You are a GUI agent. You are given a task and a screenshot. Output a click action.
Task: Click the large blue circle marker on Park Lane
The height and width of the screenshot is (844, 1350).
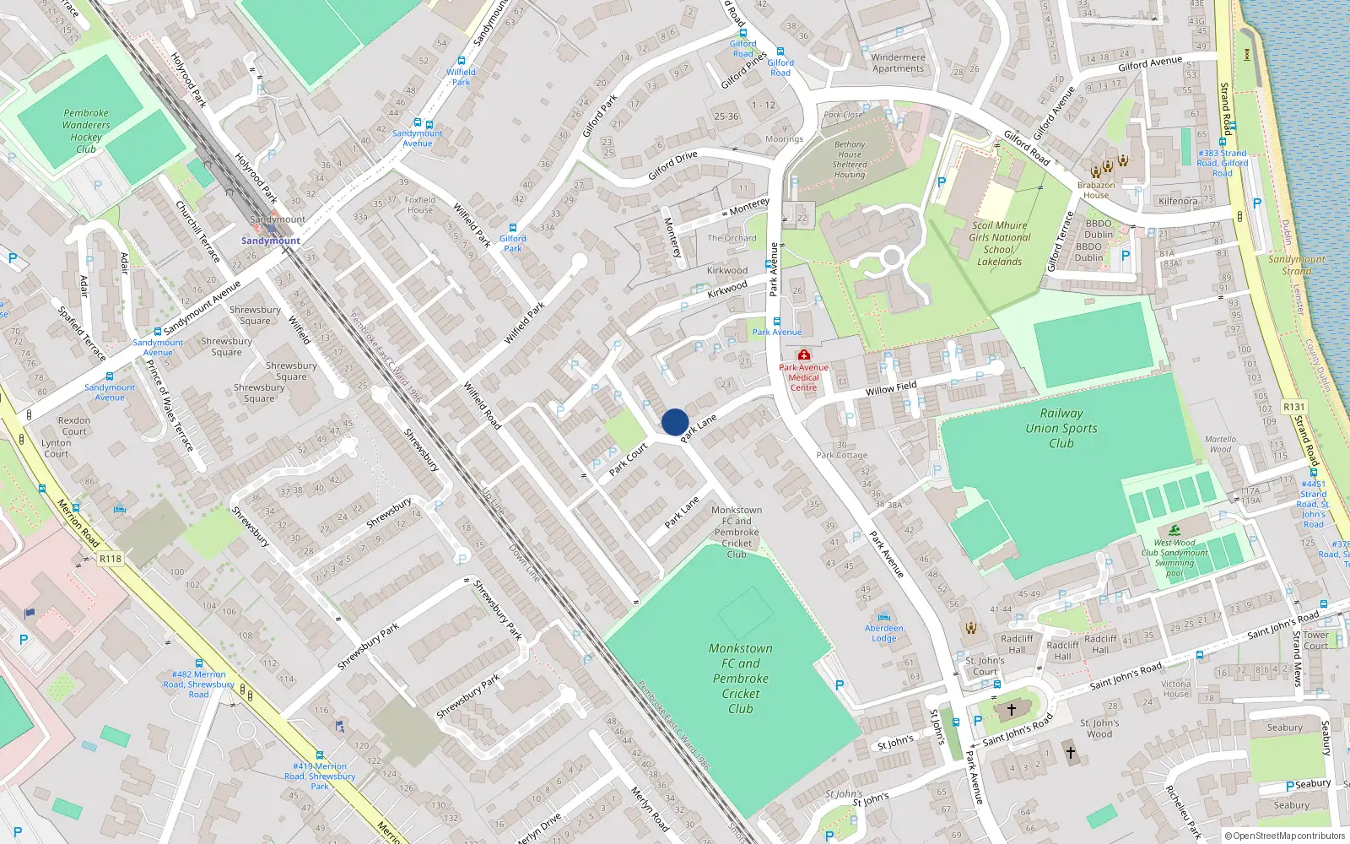(675, 422)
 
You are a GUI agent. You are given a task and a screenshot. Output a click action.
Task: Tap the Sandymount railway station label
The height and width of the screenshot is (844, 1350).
(271, 241)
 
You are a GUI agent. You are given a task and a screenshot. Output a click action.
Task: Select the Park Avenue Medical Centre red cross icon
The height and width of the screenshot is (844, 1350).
(804, 355)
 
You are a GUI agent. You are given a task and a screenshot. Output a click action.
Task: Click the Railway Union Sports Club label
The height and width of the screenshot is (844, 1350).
(1061, 427)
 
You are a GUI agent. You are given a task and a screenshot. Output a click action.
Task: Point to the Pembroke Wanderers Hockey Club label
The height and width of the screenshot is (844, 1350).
(86, 131)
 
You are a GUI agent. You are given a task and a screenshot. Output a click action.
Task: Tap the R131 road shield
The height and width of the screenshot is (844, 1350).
(1293, 407)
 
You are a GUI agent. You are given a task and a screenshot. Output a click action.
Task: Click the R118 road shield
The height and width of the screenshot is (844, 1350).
(111, 559)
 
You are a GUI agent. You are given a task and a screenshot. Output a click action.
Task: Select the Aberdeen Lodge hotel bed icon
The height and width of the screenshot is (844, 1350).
(883, 617)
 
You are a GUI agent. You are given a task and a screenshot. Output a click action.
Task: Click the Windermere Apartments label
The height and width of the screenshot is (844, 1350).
(899, 63)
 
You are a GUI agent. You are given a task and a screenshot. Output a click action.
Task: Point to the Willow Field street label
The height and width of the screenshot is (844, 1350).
(891, 388)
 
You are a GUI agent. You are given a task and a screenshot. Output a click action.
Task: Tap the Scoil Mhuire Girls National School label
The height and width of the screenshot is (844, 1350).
(1000, 243)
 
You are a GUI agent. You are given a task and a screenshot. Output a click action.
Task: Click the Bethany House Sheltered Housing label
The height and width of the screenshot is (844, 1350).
(850, 160)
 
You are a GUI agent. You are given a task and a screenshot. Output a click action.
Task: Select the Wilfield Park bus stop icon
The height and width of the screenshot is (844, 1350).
(462, 61)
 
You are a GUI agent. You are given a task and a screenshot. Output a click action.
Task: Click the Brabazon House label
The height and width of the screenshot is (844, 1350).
(1096, 190)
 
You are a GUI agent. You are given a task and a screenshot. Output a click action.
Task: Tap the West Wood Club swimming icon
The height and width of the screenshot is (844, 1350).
(1174, 531)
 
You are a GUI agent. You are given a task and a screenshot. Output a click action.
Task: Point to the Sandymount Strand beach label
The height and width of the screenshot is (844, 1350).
(1297, 265)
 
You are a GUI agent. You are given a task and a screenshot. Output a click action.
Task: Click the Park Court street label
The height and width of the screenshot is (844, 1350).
(628, 458)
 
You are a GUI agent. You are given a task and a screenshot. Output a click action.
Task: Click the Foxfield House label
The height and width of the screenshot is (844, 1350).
(420, 205)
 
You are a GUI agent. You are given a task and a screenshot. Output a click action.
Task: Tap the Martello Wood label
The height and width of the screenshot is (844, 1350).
(1220, 444)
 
